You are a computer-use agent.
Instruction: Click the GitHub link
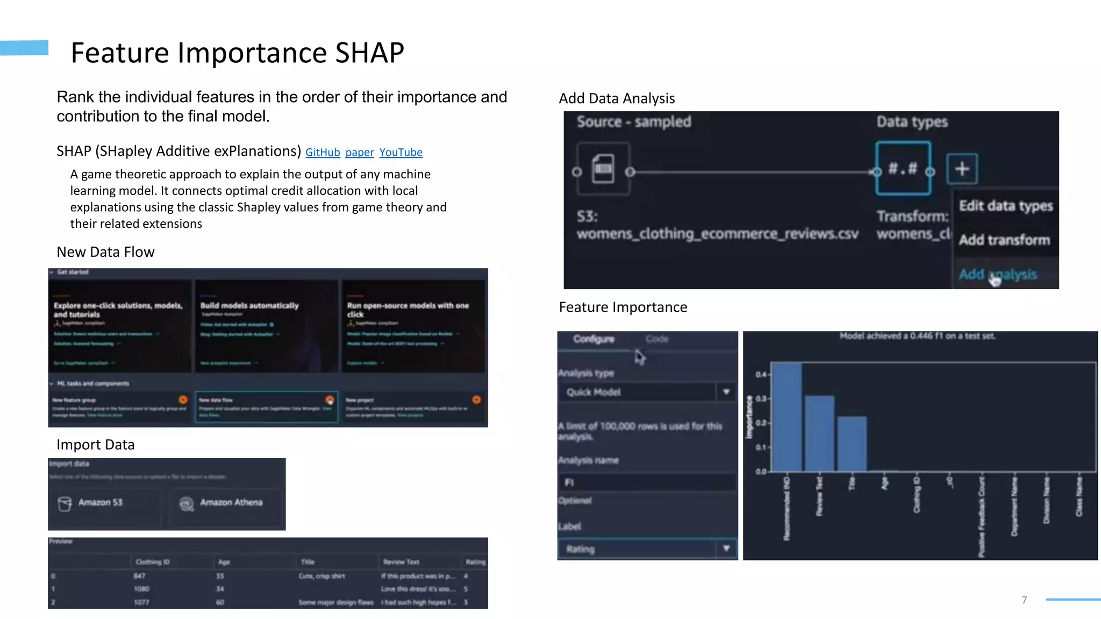pos(323,153)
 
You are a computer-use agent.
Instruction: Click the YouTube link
pos(401,153)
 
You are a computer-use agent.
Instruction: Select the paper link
pos(359,153)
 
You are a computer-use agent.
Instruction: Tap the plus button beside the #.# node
pos(962,169)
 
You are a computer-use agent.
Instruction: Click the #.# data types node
pos(903,169)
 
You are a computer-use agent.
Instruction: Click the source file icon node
pos(603,169)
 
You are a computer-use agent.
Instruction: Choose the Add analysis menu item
pos(998,275)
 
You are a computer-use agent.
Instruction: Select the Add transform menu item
pos(1004,240)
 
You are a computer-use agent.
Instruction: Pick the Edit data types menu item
pos(1005,206)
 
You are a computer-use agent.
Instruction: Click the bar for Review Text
pos(820,433)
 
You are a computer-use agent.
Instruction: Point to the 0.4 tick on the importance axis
pos(761,374)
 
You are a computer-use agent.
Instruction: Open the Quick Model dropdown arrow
pos(726,392)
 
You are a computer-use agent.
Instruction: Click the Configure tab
pos(594,339)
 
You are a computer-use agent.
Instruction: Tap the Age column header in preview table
pos(224,562)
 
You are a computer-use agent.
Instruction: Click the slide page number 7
pos(1024,600)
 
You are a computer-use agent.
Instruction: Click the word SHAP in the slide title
pos(369,53)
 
